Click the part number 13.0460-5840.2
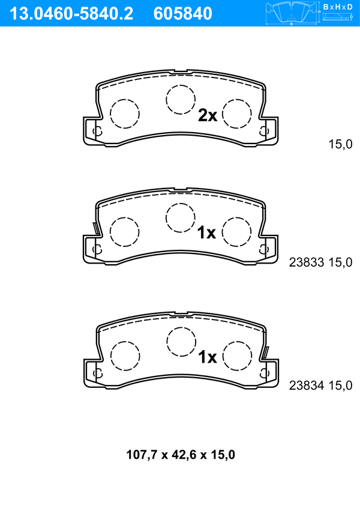pyautogui.click(x=71, y=14)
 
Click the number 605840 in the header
pyautogui.click(x=183, y=14)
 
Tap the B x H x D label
pyautogui.click(x=338, y=7)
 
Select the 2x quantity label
pyautogui.click(x=208, y=115)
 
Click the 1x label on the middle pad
pyautogui.click(x=206, y=232)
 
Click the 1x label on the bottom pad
pyautogui.click(x=208, y=357)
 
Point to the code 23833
pyautogui.click(x=306, y=262)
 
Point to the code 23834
pyautogui.click(x=306, y=386)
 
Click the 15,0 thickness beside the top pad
pyautogui.click(x=340, y=144)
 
